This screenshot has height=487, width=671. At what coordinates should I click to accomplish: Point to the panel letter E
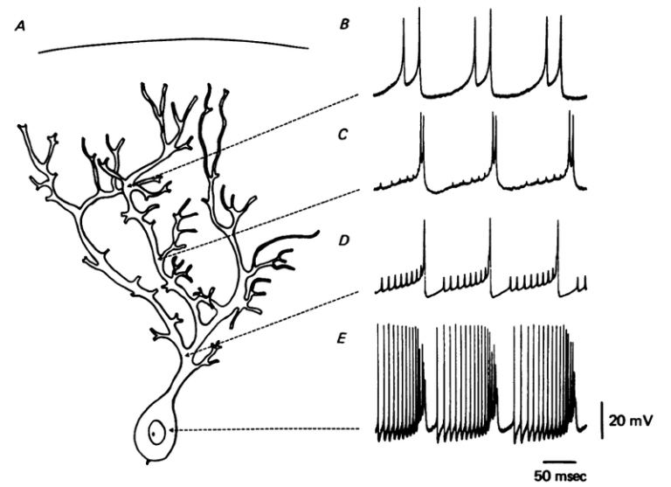[x=343, y=333]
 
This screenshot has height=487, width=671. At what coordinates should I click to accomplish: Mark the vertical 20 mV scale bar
[x=602, y=420]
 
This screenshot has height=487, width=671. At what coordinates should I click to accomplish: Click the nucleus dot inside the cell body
[x=154, y=431]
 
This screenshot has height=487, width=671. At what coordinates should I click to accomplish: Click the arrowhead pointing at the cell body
[x=178, y=429]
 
